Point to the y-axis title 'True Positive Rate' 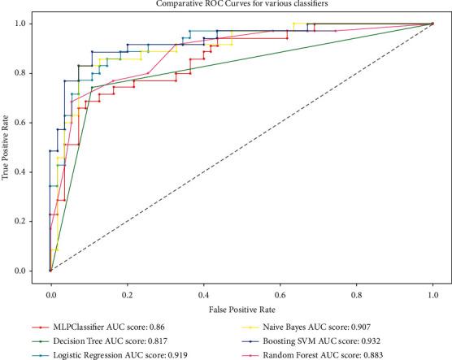pyautogui.click(x=7, y=147)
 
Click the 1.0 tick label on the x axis pyautogui.click(x=432, y=287)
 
